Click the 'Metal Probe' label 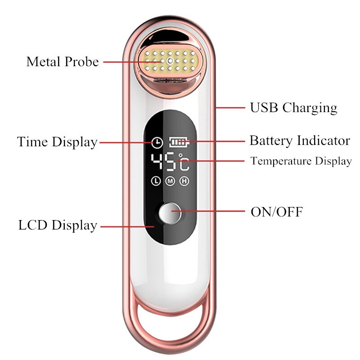62,61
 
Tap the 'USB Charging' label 293,108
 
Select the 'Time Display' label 57,142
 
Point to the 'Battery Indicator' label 300,140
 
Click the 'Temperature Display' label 301,161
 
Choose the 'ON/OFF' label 276,211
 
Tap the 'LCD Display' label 58,225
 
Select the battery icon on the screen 180,142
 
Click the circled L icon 156,181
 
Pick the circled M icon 170,181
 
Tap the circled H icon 184,181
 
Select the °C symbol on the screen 184,162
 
